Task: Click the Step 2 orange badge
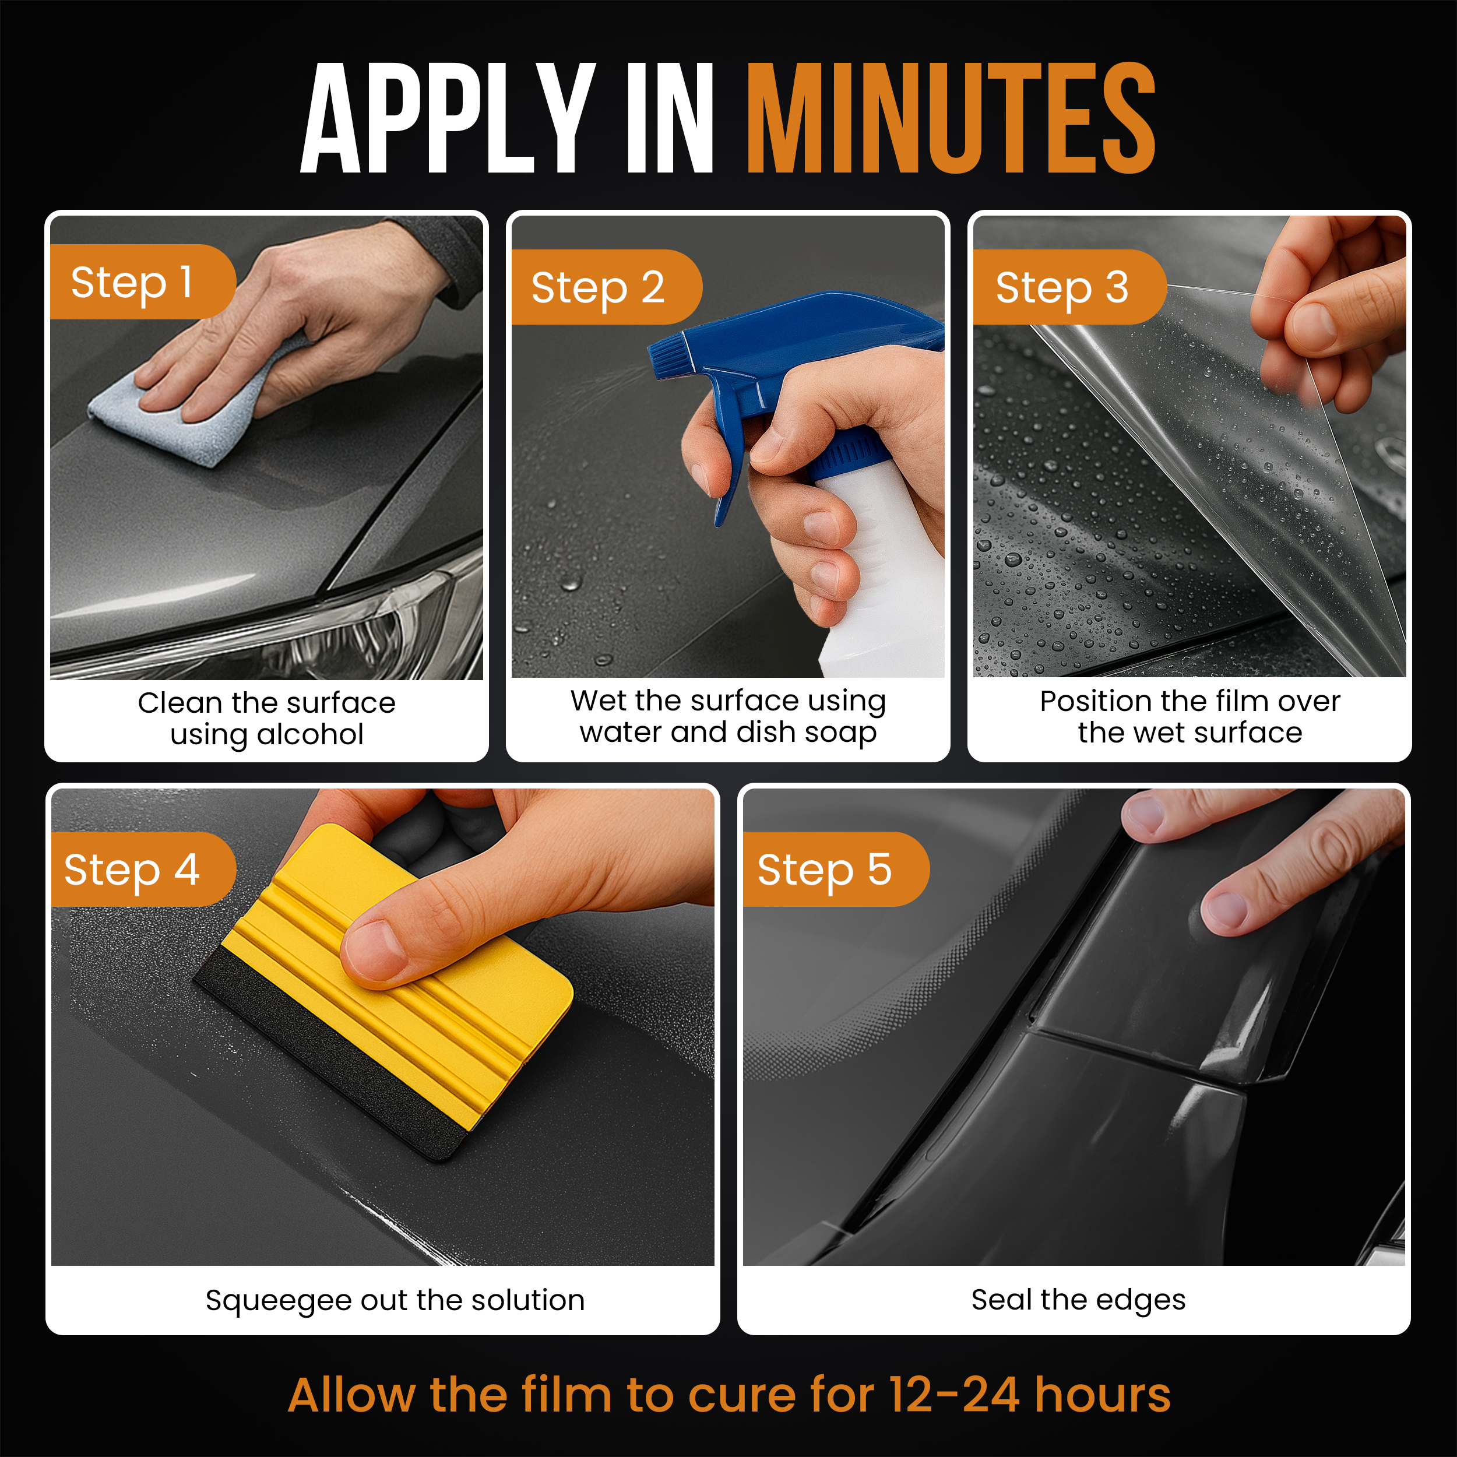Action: tap(606, 287)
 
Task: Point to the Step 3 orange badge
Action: tap(1069, 287)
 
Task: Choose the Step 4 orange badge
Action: tap(143, 870)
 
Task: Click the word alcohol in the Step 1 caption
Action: tap(311, 734)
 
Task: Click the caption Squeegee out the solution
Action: tap(395, 1300)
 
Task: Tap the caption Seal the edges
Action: tap(1078, 1300)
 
